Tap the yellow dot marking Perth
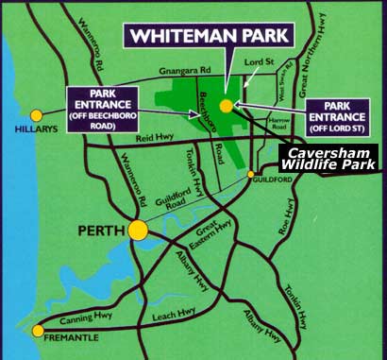point(139,230)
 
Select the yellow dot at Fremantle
point(38,331)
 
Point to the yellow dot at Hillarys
point(35,114)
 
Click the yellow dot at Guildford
point(251,176)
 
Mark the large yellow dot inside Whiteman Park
point(227,106)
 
